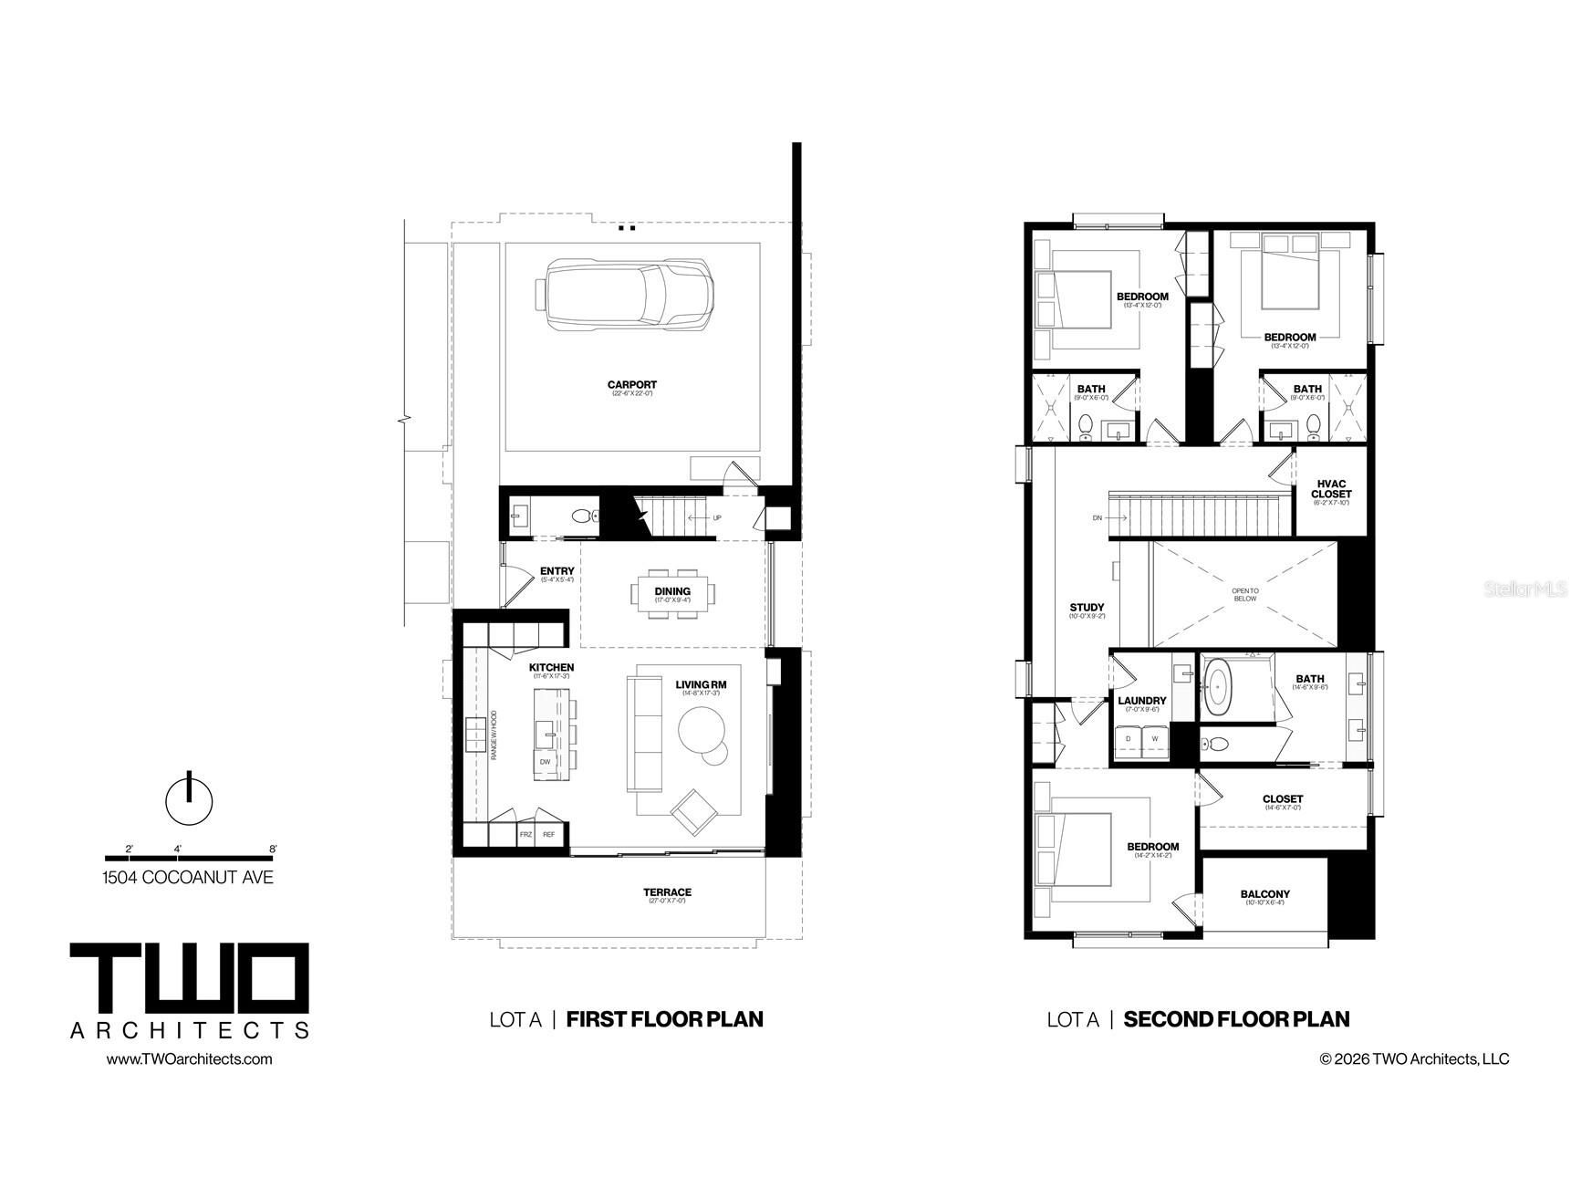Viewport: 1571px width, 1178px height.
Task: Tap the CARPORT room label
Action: tap(631, 385)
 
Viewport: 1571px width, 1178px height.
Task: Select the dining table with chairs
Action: tap(672, 593)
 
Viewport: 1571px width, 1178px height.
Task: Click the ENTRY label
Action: tap(557, 572)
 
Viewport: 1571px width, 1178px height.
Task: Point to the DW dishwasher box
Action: tap(545, 761)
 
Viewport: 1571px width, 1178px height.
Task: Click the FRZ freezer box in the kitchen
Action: tap(525, 834)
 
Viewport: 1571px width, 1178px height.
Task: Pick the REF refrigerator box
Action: tap(549, 834)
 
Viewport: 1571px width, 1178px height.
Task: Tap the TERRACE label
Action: tap(667, 892)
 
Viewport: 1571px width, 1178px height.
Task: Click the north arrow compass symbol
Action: tap(189, 798)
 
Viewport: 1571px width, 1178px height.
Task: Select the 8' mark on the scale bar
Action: tap(273, 850)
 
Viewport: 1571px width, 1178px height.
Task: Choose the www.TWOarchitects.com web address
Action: tap(189, 1058)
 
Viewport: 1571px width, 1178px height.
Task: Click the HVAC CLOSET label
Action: tap(1331, 489)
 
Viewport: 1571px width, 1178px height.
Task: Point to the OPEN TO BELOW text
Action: tap(1244, 595)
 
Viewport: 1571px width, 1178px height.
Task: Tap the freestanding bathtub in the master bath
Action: tap(1218, 687)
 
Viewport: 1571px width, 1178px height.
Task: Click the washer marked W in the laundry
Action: tap(1155, 738)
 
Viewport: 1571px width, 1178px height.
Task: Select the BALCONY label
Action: tap(1264, 894)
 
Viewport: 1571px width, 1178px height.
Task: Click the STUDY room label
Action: tap(1087, 608)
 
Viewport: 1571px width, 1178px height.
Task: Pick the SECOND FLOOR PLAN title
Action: tap(1236, 1019)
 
